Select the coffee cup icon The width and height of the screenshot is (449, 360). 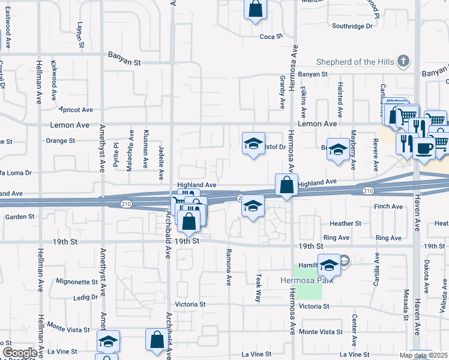[x=424, y=148]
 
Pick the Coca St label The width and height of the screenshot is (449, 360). [x=271, y=37]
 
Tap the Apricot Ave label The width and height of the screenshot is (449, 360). [x=76, y=110]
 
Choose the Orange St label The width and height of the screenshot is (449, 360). [x=60, y=141]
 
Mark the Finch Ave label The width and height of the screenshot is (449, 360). [x=388, y=206]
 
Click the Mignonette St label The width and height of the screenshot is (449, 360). [x=76, y=281]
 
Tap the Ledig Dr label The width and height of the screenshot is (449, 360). [x=85, y=297]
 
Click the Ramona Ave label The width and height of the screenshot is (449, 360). [x=229, y=265]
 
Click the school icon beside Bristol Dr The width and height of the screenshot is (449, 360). [x=254, y=143]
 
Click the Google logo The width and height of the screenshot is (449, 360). [x=20, y=353]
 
